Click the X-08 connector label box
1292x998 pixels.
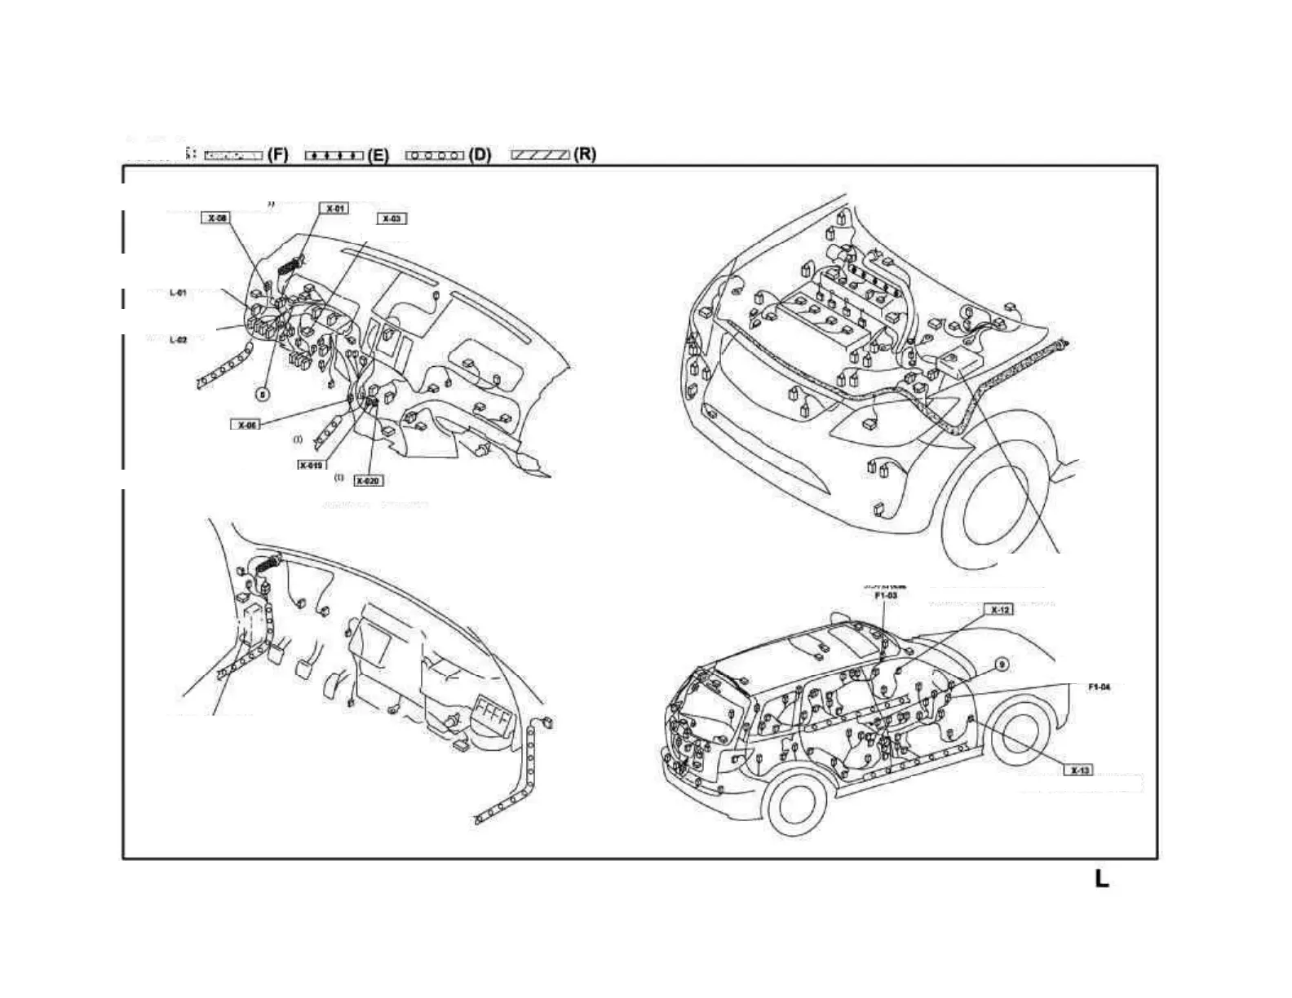(x=216, y=218)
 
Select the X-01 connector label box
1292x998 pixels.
(x=334, y=209)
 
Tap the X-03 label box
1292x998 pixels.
(x=392, y=219)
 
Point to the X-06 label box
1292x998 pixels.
(x=247, y=425)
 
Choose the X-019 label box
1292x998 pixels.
(x=311, y=465)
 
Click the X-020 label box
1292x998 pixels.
(x=368, y=481)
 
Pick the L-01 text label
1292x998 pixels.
(x=178, y=293)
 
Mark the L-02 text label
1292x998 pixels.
(x=178, y=340)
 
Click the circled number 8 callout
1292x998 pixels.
(x=262, y=394)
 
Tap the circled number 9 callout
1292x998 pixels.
(x=1002, y=665)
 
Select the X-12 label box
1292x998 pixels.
(x=1000, y=610)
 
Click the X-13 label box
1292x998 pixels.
(x=1079, y=771)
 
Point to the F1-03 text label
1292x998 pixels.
(x=886, y=596)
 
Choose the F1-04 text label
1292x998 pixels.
(x=1100, y=687)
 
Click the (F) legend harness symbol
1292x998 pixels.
(x=233, y=155)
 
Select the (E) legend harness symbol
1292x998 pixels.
(x=334, y=155)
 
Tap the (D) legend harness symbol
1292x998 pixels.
(x=435, y=155)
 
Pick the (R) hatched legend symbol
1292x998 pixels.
(x=540, y=155)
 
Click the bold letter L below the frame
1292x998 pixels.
(x=1101, y=879)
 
